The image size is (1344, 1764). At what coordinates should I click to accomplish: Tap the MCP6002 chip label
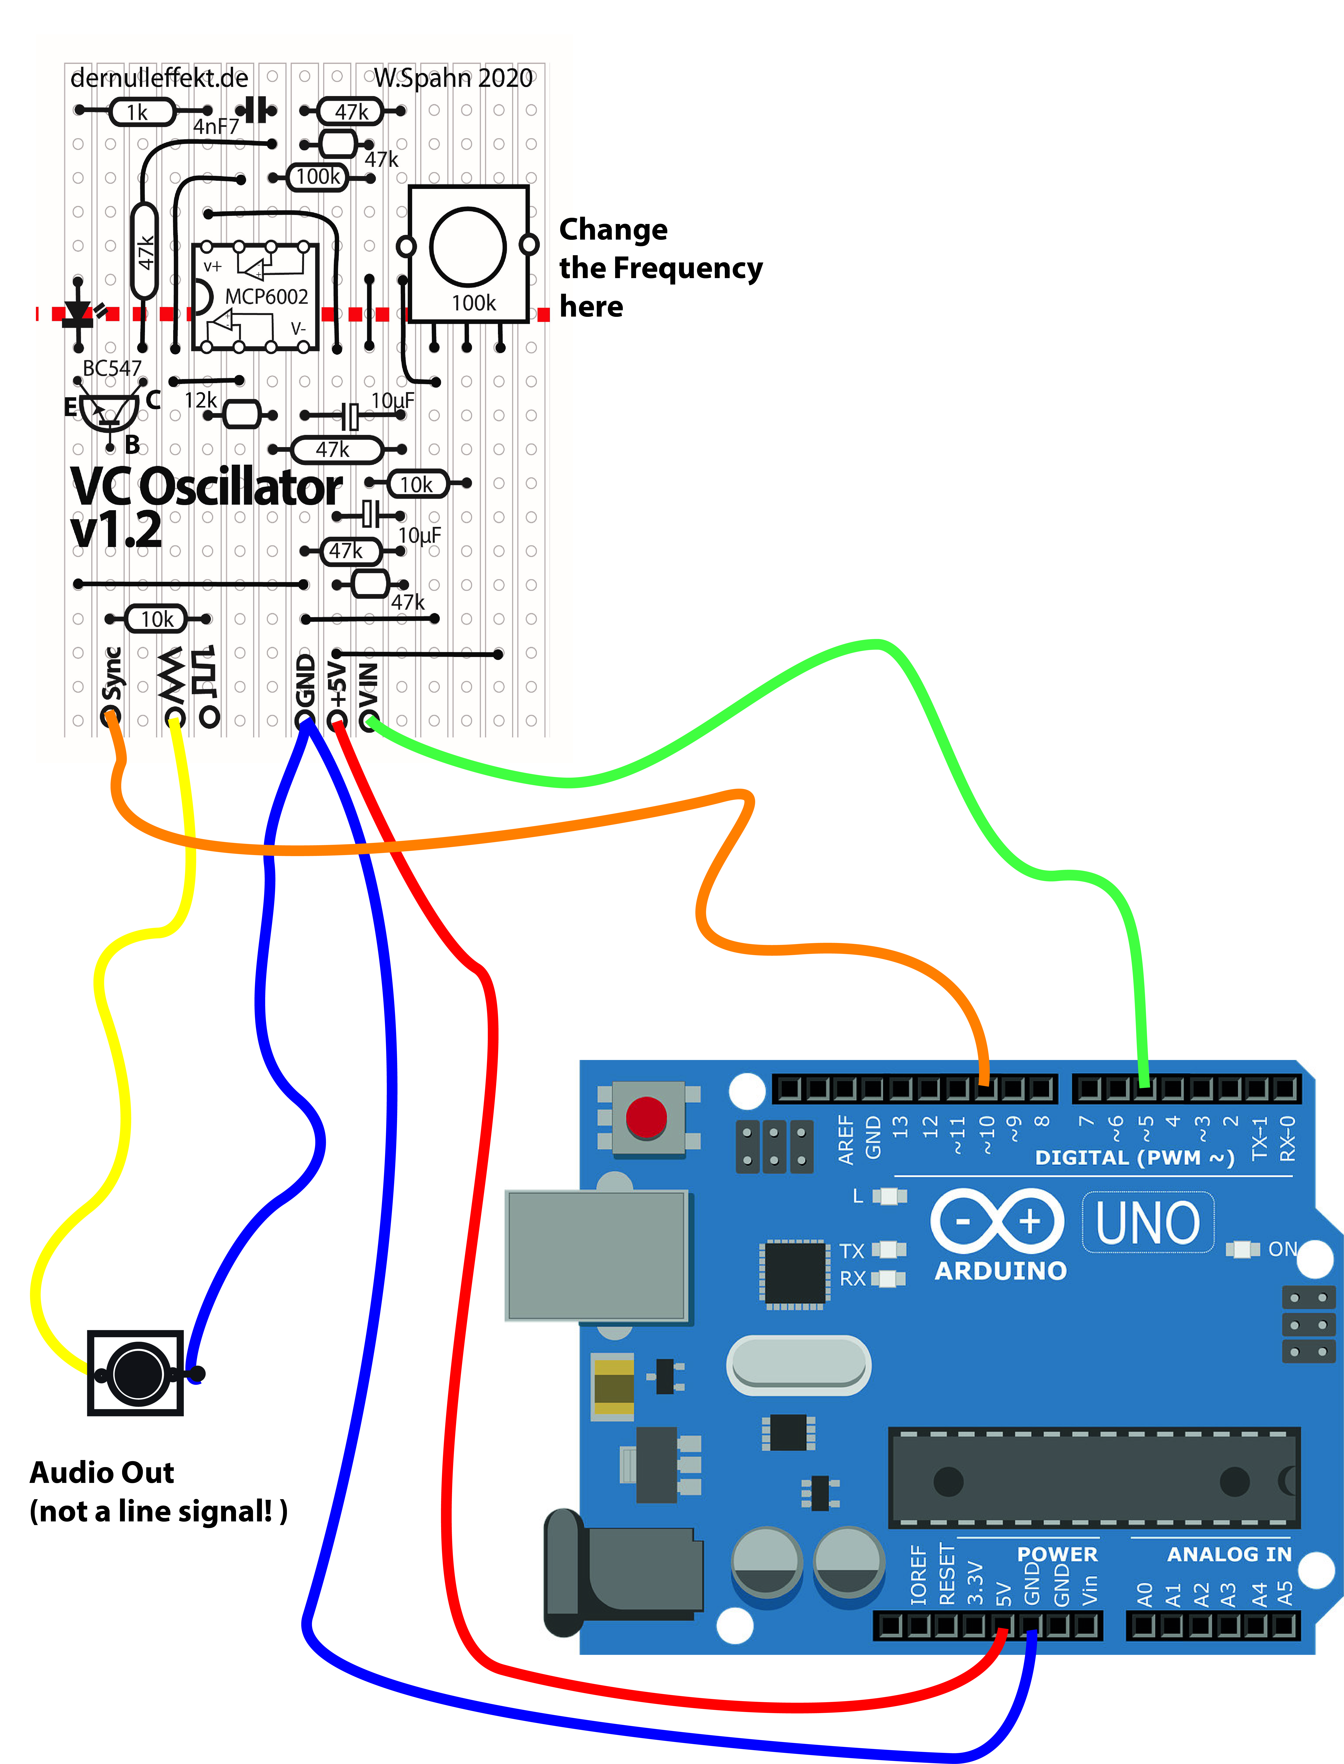[266, 297]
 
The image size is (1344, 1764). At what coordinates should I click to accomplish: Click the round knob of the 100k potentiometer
[468, 246]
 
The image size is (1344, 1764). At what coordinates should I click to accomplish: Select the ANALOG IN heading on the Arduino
[1229, 1554]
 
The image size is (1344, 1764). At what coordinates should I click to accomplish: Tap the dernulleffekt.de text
[159, 78]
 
